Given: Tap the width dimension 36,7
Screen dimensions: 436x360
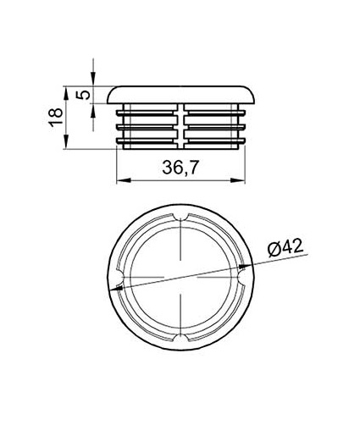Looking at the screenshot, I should (180, 168).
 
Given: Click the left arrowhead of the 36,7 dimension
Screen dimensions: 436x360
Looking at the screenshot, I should (119, 179).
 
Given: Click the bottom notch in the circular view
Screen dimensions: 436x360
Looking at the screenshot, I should (181, 339).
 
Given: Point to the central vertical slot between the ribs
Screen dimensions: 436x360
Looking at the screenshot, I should (181, 127).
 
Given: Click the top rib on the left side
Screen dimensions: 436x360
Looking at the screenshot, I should (148, 110).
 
